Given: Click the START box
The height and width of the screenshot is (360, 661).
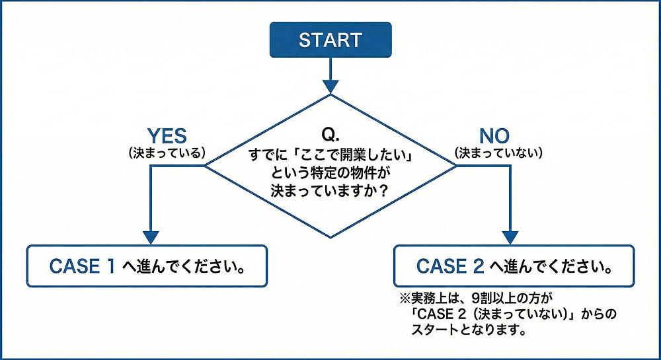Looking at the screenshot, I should pos(330,40).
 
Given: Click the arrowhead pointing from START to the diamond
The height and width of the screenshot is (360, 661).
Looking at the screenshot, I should pos(330,87).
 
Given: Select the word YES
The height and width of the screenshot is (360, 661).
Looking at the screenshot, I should pos(167,136).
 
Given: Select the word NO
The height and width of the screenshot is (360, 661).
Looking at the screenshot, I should pos(494,136).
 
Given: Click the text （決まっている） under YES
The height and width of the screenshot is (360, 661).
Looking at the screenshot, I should pos(167,153).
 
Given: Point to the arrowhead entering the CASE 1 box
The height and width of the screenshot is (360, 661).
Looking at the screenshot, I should pos(151,237).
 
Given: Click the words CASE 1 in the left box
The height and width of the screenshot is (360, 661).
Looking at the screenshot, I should pos(83,266).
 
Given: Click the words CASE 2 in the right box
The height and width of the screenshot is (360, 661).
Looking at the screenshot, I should pos(451,266).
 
